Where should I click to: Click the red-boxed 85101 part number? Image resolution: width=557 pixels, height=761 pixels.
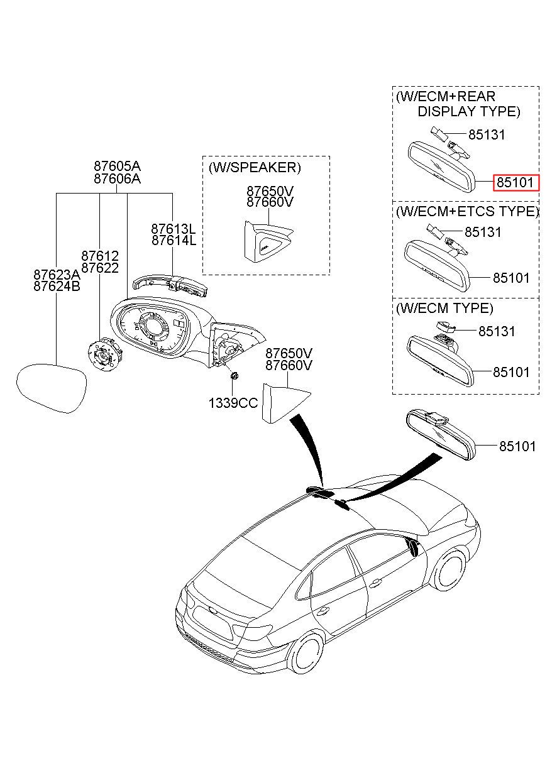[x=516, y=183]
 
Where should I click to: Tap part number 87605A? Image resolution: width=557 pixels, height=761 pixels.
[x=117, y=167]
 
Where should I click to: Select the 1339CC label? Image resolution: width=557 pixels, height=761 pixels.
[x=233, y=403]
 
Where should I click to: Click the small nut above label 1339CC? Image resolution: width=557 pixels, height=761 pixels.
[x=234, y=376]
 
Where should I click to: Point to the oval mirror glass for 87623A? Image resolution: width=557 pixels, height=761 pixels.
[x=52, y=388]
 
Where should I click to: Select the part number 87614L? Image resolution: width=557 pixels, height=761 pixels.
[x=174, y=241]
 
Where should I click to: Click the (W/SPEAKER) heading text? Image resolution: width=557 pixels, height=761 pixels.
[x=255, y=168]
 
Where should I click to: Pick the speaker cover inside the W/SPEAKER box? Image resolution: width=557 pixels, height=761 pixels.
[x=267, y=241]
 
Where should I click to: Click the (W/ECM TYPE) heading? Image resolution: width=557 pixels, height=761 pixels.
[x=444, y=308]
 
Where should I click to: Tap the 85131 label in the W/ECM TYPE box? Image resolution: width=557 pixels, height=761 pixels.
[x=497, y=331]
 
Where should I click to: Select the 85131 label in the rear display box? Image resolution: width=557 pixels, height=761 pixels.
[x=487, y=135]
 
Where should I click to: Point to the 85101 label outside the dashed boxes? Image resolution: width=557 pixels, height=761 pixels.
[x=517, y=446]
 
